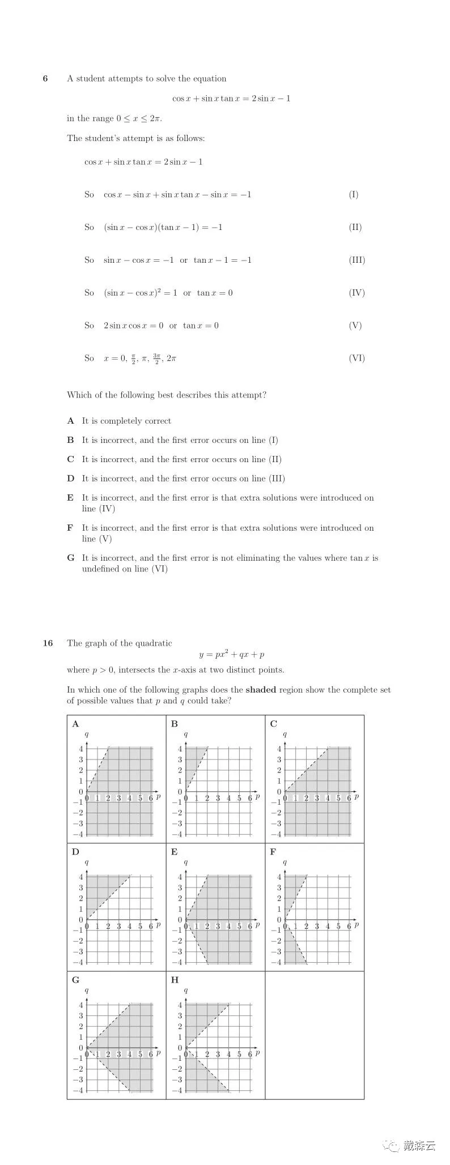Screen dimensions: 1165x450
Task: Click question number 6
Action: click(45, 79)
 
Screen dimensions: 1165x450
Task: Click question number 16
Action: click(48, 643)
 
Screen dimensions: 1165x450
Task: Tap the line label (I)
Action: click(354, 194)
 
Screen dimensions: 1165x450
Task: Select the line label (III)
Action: click(356, 260)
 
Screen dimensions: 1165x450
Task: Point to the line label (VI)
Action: click(356, 358)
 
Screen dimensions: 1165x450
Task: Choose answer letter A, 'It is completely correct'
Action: click(70, 421)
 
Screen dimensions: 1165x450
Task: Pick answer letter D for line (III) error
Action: click(70, 479)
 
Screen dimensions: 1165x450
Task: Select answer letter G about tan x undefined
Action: click(70, 558)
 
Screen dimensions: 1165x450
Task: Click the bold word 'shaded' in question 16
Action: click(261, 690)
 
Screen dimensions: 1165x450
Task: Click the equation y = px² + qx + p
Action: click(232, 655)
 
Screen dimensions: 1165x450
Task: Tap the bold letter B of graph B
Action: click(175, 724)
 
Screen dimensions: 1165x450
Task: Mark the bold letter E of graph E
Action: click(175, 852)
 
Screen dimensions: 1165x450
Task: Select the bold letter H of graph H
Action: click(175, 980)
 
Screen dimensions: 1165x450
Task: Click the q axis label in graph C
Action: click(285, 735)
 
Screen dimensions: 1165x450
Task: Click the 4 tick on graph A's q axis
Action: click(81, 749)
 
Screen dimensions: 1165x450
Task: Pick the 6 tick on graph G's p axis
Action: click(151, 1054)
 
